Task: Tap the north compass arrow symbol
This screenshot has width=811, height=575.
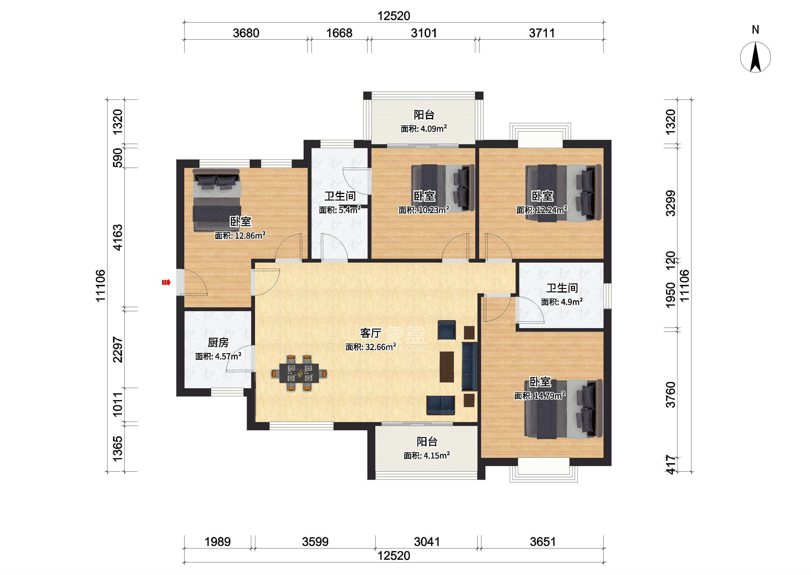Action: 755,57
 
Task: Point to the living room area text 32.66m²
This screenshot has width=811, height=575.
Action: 381,347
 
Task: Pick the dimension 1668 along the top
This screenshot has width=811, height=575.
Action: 339,33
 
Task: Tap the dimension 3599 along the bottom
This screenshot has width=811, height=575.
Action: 315,542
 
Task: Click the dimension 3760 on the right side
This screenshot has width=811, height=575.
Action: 670,395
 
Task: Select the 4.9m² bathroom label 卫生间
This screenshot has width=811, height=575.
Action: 562,288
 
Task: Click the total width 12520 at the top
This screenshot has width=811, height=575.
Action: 394,16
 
